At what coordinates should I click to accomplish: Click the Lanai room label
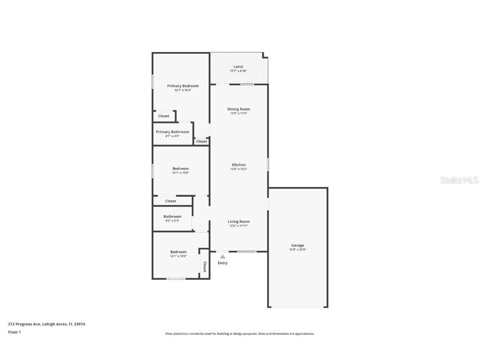point(238,67)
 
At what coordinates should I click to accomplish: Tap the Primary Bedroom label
point(183,86)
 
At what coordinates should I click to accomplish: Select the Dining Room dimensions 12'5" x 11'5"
point(239,113)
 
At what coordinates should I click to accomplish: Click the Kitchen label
point(239,165)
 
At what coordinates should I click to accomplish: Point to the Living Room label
point(239,222)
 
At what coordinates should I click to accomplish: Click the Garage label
point(297,245)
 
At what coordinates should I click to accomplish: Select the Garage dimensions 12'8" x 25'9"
point(297,250)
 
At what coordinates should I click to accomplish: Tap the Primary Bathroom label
point(172,132)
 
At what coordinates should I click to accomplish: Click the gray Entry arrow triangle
point(222,257)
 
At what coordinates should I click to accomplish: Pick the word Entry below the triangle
point(222,263)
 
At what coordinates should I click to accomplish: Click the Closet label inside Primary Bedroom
point(164,116)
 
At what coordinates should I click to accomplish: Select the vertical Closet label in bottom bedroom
point(205,267)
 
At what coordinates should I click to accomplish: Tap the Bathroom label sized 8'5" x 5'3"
point(172,217)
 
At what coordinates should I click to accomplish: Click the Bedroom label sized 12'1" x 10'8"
point(180,169)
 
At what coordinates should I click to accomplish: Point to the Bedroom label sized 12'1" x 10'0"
point(178,252)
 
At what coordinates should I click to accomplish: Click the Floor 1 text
point(14,332)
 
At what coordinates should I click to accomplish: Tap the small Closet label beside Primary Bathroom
point(202,142)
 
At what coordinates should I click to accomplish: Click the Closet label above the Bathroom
point(170,201)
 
